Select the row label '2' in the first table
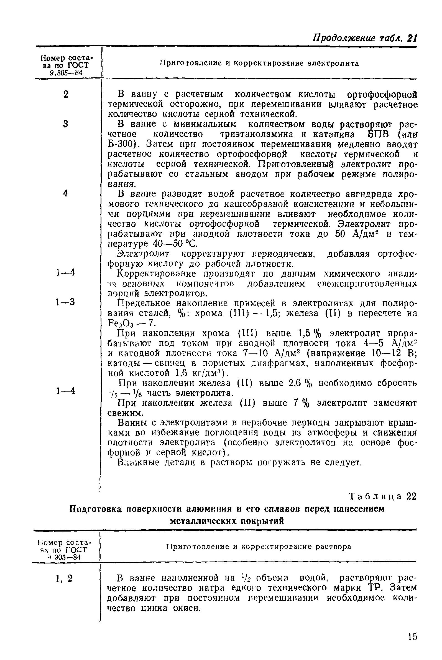[x=66, y=94]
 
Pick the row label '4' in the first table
[x=65, y=193]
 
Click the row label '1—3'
[x=65, y=302]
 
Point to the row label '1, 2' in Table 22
[x=64, y=578]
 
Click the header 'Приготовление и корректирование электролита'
[x=259, y=64]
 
